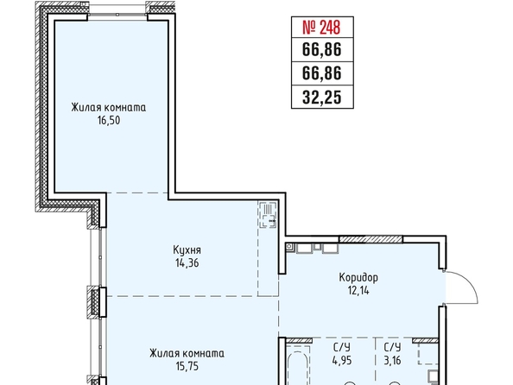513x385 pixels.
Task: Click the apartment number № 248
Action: pos(322,27)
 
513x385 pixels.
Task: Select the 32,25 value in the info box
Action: pos(322,97)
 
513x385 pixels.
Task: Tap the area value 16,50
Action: pos(109,120)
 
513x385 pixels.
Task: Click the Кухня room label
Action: pos(187,250)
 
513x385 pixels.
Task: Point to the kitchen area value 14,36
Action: pos(187,263)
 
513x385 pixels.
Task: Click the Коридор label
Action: pos(358,278)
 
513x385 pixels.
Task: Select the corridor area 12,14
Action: pos(358,290)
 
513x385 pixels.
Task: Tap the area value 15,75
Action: pos(187,366)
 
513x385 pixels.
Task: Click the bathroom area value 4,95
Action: pos(342,361)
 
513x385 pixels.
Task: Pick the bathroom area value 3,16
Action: pos(392,361)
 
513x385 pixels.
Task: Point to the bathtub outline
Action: pos(298,367)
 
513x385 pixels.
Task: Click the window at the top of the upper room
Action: pos(117,15)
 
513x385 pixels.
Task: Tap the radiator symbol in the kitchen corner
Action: pos(268,215)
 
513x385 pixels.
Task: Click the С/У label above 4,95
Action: pos(342,347)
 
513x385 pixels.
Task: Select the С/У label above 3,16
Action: pos(392,347)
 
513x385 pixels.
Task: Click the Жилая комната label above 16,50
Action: pos(109,108)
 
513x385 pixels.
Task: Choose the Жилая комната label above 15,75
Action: pos(187,354)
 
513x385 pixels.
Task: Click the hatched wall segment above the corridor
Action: pos(370,239)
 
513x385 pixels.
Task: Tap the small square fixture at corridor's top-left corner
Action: pos(289,247)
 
